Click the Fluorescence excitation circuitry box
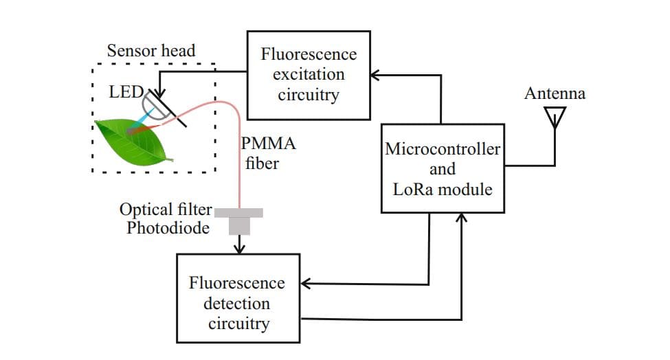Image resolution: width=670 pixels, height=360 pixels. pos(308,75)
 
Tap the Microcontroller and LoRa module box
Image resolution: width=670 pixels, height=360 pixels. pos(443,168)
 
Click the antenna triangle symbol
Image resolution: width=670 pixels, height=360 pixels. pos(555,117)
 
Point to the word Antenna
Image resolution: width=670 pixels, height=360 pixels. pos(555,93)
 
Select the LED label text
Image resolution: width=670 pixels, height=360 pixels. pos(125,91)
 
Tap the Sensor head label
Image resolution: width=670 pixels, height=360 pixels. pos(151,50)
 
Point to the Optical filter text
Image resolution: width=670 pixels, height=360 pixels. pos(166,210)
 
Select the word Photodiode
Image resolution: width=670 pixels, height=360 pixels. pos(168,227)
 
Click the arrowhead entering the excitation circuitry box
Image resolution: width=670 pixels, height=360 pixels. pos(375,74)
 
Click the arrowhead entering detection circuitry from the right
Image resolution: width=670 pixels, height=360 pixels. pos(306,282)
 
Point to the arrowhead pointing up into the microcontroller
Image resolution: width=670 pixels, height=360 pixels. pos(462,218)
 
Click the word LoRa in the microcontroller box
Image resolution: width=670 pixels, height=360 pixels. pos(412,189)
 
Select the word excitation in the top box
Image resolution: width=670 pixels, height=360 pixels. pos(308,74)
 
